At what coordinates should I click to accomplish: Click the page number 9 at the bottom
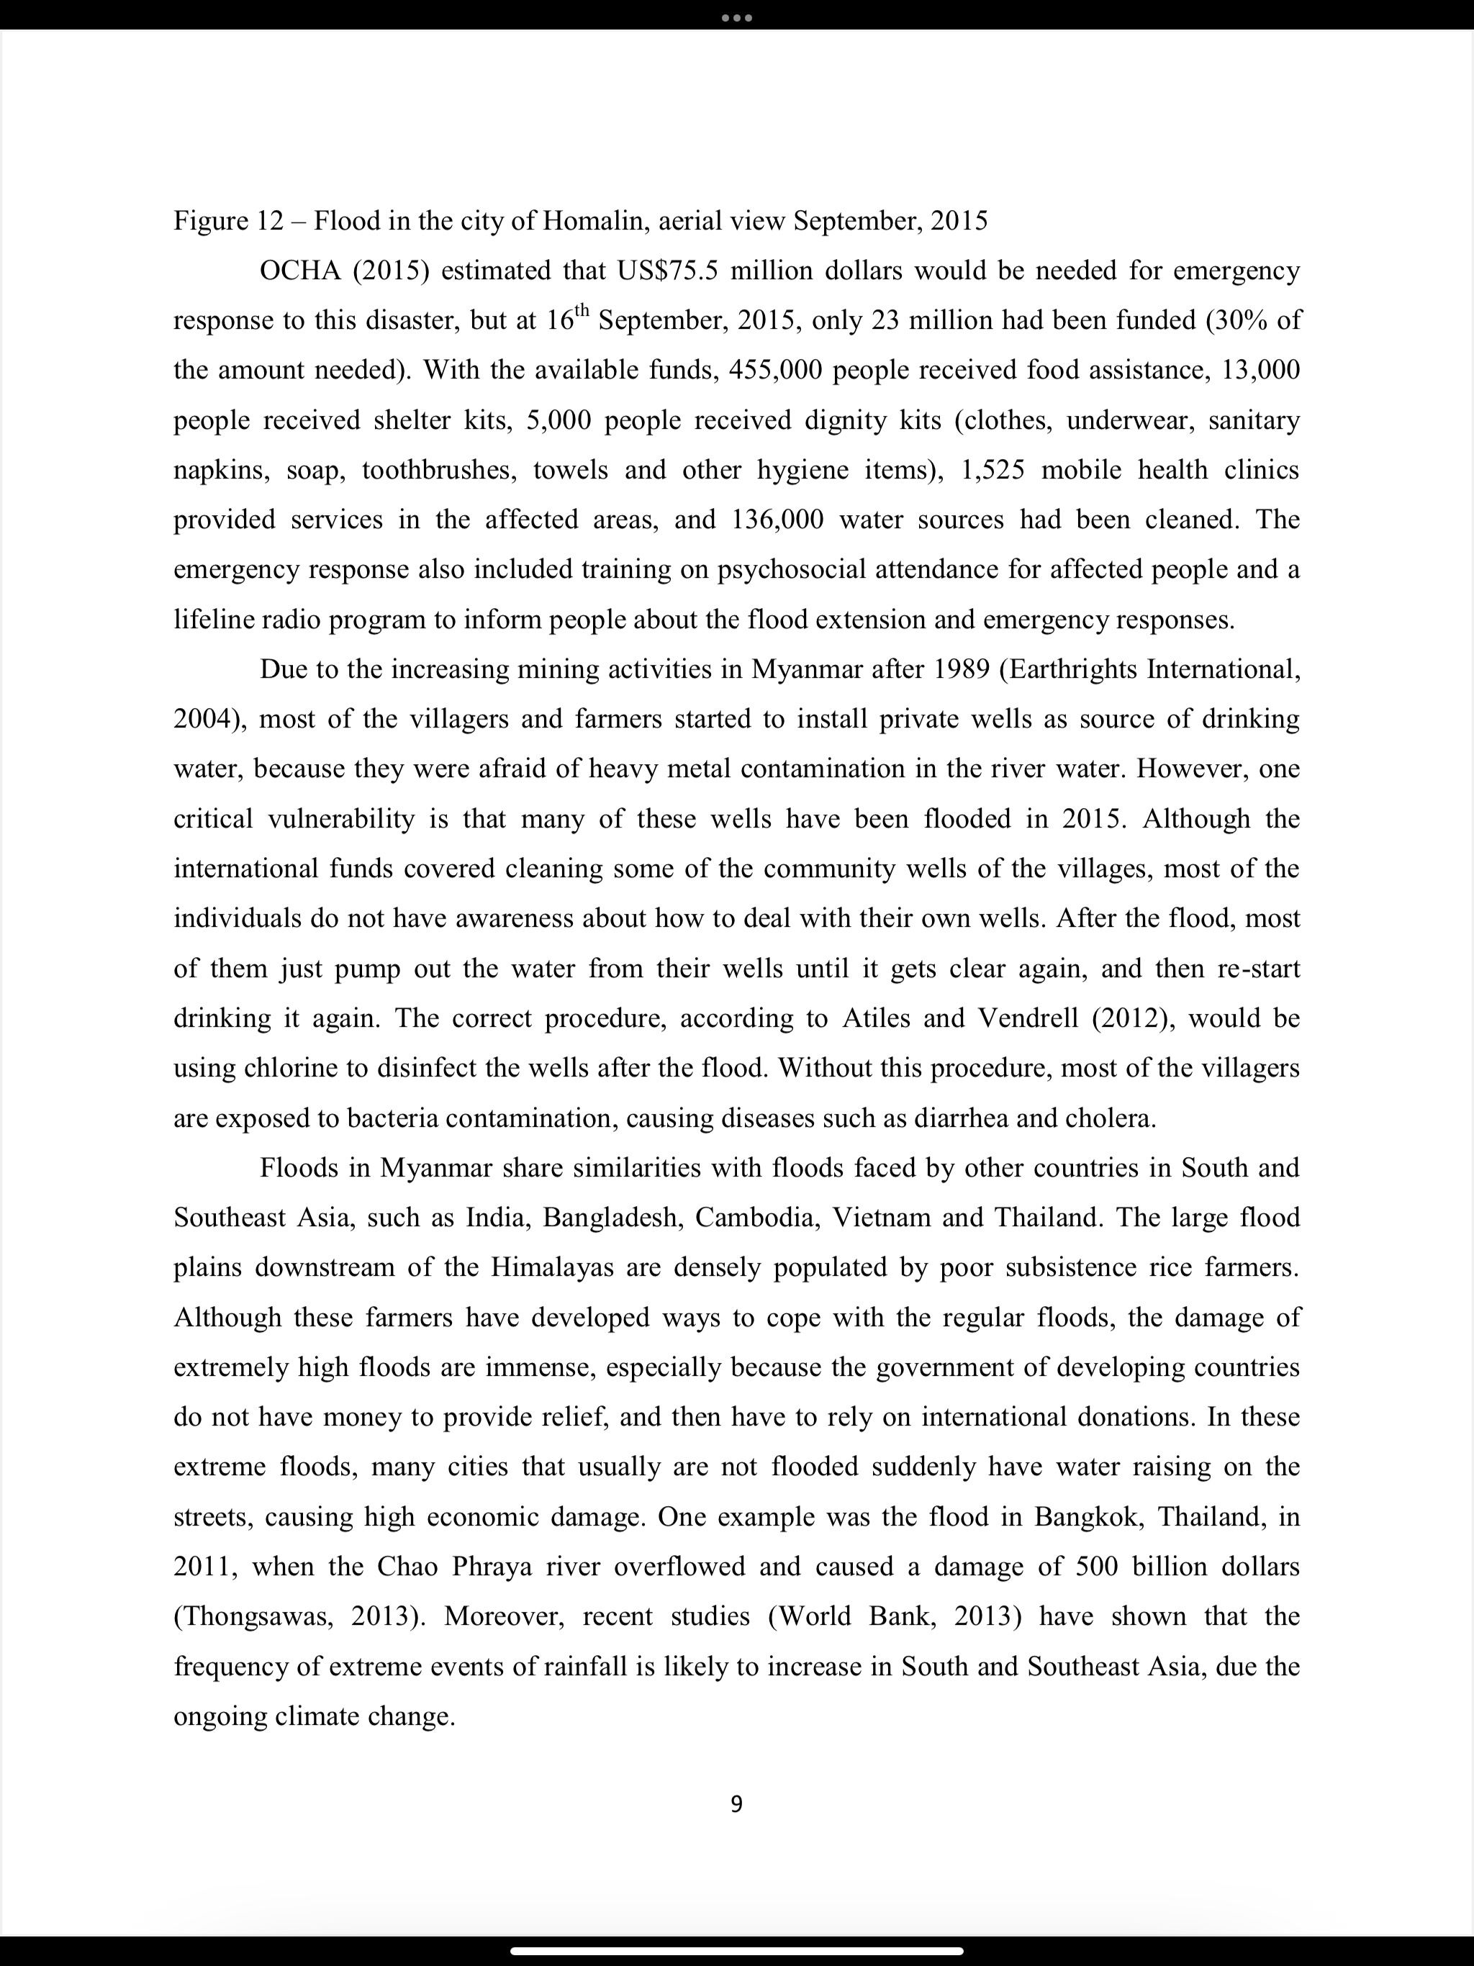coord(736,1803)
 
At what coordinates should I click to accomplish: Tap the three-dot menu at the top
coord(736,18)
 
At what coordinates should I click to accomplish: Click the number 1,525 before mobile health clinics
coord(993,469)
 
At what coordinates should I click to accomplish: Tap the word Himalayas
coord(552,1267)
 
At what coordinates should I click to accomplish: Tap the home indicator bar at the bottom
coord(736,1952)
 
